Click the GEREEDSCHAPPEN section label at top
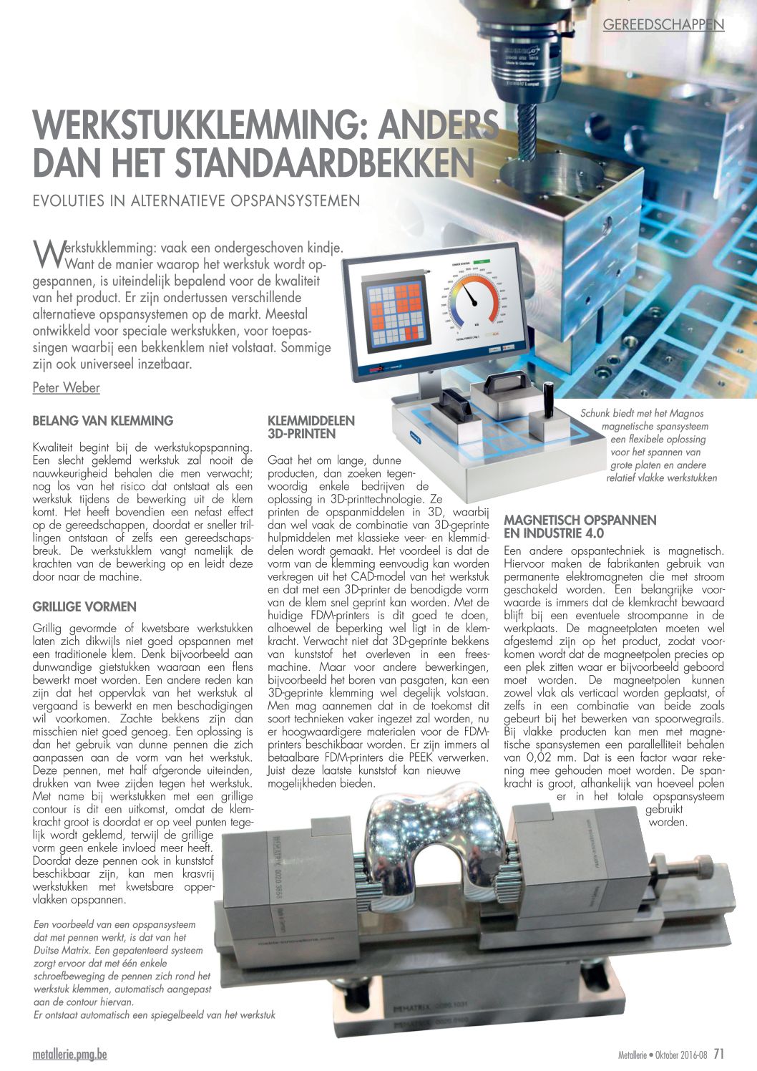coord(663,24)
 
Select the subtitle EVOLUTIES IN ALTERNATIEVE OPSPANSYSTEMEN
coord(196,200)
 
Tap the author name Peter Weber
coord(66,387)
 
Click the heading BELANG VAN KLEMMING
coord(103,421)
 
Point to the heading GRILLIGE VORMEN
coord(84,606)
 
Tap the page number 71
coord(719,1054)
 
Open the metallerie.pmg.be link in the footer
coord(70,1055)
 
